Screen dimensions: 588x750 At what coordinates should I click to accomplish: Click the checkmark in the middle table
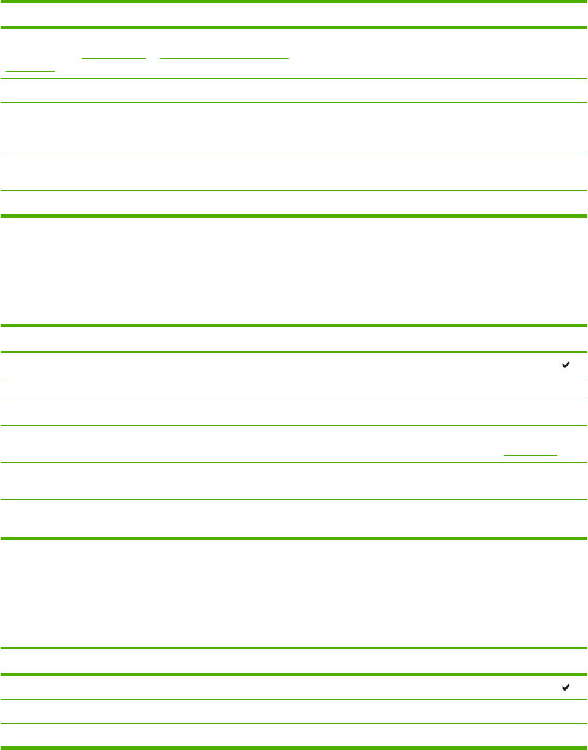565,366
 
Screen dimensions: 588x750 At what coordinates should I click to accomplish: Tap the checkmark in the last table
565,687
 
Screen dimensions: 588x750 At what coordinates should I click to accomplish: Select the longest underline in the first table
224,57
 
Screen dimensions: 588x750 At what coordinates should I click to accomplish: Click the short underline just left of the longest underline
114,57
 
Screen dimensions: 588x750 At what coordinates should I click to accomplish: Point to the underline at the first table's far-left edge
30,70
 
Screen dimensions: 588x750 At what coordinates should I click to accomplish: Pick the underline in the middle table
531,454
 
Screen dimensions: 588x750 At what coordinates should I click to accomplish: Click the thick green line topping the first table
294,1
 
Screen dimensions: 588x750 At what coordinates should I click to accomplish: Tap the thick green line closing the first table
294,216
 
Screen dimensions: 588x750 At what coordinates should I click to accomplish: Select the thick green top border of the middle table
294,325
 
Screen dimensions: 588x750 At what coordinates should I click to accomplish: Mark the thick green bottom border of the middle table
294,538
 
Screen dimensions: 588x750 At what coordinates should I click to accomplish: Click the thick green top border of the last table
294,648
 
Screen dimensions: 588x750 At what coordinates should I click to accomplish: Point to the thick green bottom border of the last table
294,748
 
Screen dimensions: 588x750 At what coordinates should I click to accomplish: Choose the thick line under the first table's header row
294,27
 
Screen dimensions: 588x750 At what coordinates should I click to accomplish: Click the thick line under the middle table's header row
294,352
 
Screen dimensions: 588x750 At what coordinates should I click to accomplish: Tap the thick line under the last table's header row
294,674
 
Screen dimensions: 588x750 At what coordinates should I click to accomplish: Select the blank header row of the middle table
294,339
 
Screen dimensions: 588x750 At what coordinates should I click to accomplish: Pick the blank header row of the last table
294,661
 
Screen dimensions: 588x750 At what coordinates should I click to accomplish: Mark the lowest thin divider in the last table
294,723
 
